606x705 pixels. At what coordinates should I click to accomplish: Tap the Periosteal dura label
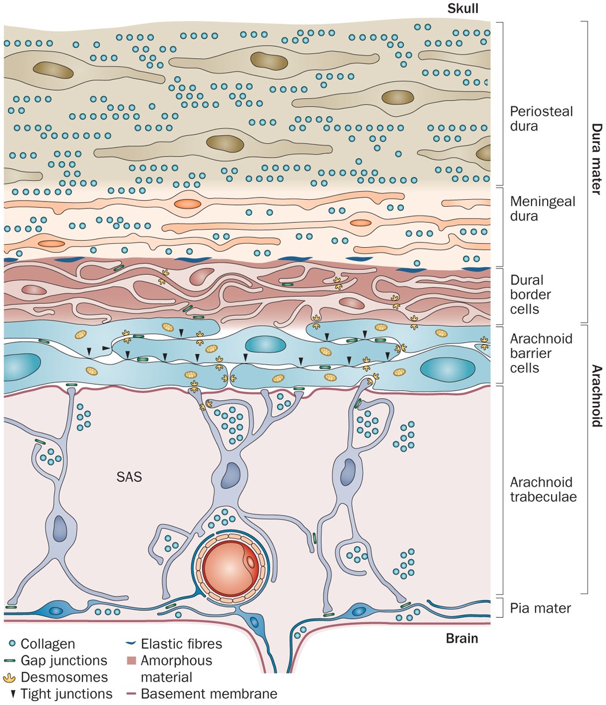pyautogui.click(x=541, y=118)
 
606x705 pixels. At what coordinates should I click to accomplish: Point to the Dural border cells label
pyautogui.click(x=530, y=294)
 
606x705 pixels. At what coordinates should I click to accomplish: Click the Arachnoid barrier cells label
pyautogui.click(x=541, y=353)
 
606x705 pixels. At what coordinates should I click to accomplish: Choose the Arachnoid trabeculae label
pyautogui.click(x=543, y=489)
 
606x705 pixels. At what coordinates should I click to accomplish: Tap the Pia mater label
pyautogui.click(x=541, y=608)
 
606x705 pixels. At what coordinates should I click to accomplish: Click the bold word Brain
pyautogui.click(x=462, y=639)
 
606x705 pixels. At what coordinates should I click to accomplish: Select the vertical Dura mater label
pyautogui.click(x=597, y=159)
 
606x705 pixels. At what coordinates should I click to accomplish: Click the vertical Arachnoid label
pyautogui.click(x=597, y=396)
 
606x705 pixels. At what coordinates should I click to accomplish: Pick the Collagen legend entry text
pyautogui.click(x=48, y=643)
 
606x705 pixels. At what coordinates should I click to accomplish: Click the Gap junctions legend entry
pyautogui.click(x=64, y=660)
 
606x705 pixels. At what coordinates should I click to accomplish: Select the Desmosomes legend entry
pyautogui.click(x=64, y=677)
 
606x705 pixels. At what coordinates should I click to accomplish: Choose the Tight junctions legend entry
pyautogui.click(x=66, y=693)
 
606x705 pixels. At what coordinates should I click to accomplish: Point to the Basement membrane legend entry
pyautogui.click(x=208, y=693)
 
